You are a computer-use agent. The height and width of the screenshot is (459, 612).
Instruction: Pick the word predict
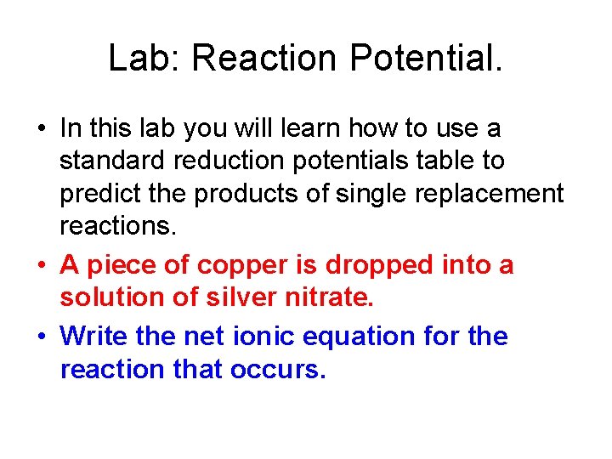coord(99,194)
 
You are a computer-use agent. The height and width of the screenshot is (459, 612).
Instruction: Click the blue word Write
coord(94,337)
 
